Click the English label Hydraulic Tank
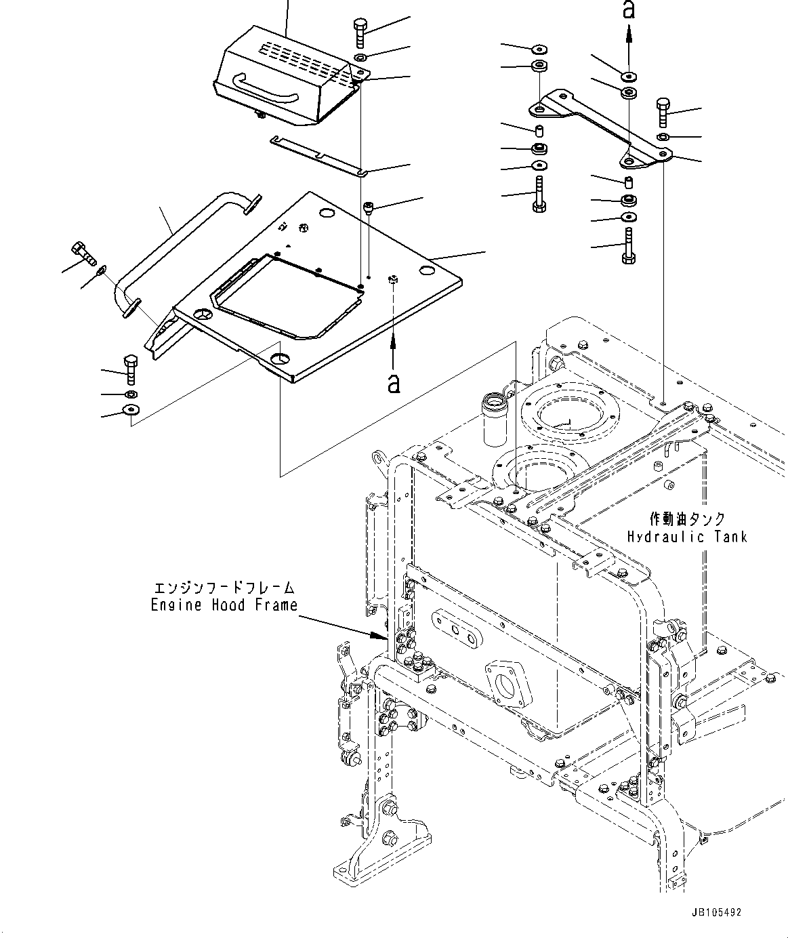pyautogui.click(x=686, y=537)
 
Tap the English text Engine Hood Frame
pyautogui.click(x=224, y=605)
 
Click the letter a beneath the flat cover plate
pyautogui.click(x=393, y=384)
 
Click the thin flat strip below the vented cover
pyautogui.click(x=318, y=155)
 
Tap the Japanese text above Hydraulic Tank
pyautogui.click(x=687, y=519)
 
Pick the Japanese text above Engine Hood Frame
pyautogui.click(x=224, y=588)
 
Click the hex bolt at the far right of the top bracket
pyautogui.click(x=663, y=112)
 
